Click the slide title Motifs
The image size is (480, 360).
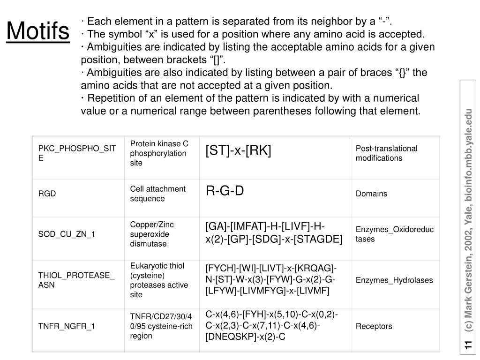[x=38, y=31]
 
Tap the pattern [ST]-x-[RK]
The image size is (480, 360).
[x=238, y=150]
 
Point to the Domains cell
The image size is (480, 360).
[x=371, y=194]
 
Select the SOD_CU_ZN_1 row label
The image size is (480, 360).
[x=67, y=234]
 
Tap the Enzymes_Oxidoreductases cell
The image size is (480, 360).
[x=395, y=234]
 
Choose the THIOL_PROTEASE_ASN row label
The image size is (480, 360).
[x=76, y=280]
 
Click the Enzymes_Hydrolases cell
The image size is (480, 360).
[x=394, y=280]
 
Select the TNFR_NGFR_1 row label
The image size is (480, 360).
[x=67, y=326]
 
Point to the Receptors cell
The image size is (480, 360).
[x=374, y=326]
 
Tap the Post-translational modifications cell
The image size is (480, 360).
[x=386, y=153]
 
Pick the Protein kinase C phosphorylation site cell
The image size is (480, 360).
[x=159, y=153]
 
